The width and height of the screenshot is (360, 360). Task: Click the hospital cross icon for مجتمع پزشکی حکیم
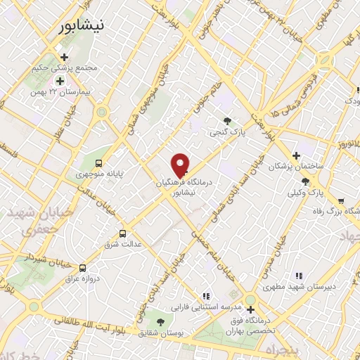point(65,58)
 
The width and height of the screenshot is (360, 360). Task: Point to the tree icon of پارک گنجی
point(226,121)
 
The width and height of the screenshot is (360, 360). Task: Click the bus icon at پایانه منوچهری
point(98,160)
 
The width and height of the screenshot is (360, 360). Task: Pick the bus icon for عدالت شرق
point(123,233)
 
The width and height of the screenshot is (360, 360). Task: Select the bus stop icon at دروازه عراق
point(84,268)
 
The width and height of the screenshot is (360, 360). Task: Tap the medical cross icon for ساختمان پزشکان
point(296,155)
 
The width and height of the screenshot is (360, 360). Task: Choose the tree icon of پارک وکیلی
point(304,181)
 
